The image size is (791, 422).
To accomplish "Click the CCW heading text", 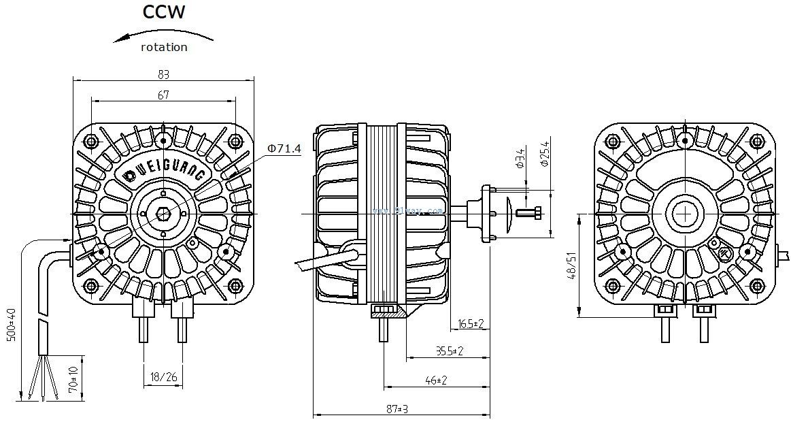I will click(x=163, y=12).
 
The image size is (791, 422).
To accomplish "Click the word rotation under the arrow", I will click(x=163, y=48).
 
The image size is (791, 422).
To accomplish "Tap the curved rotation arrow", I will click(x=163, y=34).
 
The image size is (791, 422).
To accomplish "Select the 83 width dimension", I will click(x=163, y=74).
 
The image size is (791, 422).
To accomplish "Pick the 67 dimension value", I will click(x=163, y=95).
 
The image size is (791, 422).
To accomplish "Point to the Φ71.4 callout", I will click(x=284, y=148).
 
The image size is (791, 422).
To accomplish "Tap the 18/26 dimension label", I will click(x=163, y=376).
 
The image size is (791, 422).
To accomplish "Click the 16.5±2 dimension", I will click(x=471, y=323).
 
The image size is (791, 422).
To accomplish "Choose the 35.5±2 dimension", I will click(x=449, y=351).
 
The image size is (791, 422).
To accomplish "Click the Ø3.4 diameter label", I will click(x=520, y=158).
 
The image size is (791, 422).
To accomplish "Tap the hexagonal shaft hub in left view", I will click(x=163, y=213).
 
